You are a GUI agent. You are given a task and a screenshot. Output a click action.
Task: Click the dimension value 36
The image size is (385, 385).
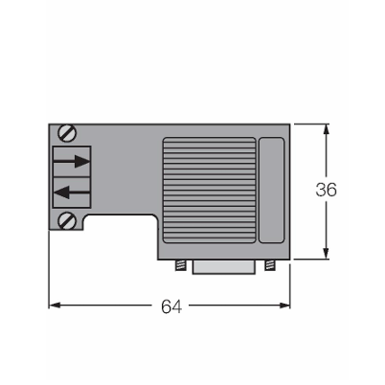click(326, 190)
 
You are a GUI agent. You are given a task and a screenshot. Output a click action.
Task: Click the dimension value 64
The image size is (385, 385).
click(171, 306)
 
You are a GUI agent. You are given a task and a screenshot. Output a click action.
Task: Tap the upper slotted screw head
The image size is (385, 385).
click(67, 133)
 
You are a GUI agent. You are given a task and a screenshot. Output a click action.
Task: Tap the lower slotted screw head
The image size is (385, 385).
click(67, 220)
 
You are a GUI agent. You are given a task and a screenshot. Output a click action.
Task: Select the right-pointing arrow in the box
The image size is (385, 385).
click(72, 161)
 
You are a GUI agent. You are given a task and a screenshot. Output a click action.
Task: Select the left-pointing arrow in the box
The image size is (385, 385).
click(72, 192)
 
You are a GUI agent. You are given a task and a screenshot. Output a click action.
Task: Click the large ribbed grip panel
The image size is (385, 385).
click(210, 190)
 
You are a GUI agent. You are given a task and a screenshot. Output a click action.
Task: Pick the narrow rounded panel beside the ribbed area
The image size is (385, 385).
click(271, 190)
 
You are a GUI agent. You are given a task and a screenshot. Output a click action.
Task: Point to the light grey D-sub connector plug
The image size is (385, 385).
click(224, 267)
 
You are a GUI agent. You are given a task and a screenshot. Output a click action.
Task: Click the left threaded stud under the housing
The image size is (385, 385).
click(181, 265)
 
